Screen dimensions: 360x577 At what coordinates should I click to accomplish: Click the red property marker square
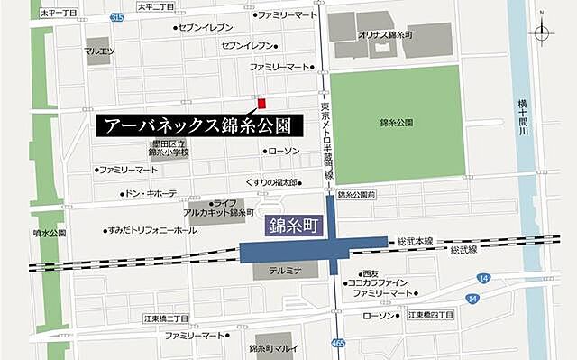[x=261, y=103]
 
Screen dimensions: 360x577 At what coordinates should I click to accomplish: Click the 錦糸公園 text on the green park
[x=398, y=122]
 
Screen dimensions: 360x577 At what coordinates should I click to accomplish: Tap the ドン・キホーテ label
[x=150, y=193]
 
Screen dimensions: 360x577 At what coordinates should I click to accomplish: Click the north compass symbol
[x=542, y=32]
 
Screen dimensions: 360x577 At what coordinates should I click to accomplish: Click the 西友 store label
[x=370, y=273]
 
